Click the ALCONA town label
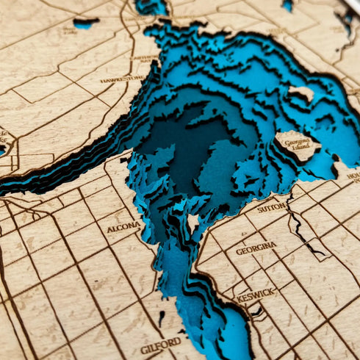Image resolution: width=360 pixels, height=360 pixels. click(x=123, y=228)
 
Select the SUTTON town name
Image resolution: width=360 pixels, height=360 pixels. click(x=272, y=207)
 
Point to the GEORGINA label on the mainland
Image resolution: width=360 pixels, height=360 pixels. click(x=256, y=249)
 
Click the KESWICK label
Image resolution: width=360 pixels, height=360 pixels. click(x=256, y=295)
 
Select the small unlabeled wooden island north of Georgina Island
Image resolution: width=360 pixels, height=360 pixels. click(x=301, y=93)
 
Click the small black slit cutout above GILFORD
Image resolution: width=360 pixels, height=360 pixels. click(x=162, y=318)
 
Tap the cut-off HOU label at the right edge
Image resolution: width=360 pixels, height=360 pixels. click(x=353, y=176)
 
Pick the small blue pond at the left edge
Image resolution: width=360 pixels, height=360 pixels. click(x=2, y=149)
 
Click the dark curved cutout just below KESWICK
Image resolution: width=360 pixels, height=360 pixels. click(x=257, y=312)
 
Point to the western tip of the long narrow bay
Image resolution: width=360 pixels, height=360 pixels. click(x=4, y=192)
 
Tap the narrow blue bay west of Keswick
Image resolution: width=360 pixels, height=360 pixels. click(x=220, y=323)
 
